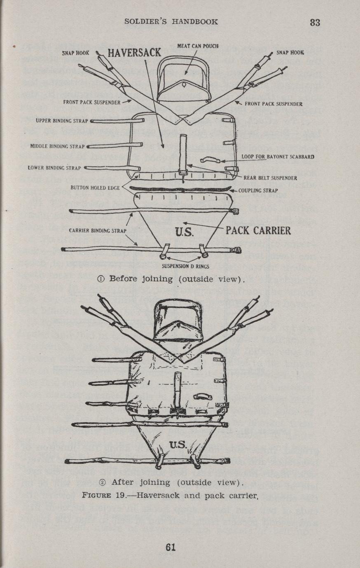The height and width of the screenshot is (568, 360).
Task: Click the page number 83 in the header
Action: tap(315, 23)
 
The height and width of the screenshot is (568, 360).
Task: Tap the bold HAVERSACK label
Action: tap(134, 53)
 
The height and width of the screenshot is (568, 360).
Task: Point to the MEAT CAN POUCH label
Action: tap(198, 46)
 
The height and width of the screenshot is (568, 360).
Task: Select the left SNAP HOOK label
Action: tap(75, 53)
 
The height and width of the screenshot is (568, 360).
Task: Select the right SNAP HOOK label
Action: tap(290, 53)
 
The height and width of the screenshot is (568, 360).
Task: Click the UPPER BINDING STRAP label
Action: tap(62, 121)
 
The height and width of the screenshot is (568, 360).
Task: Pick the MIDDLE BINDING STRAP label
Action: tap(57, 146)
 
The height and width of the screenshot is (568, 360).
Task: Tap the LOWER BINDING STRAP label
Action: tap(54, 168)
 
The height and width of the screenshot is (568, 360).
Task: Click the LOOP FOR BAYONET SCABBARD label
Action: tap(278, 157)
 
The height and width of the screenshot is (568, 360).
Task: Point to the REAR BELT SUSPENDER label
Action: tap(270, 178)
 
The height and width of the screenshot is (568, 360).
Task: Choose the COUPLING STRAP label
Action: tap(258, 191)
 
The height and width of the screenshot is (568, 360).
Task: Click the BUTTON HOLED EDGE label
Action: tap(95, 188)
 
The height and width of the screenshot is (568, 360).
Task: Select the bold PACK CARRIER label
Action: tap(258, 231)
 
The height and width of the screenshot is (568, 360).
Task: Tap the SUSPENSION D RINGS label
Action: tap(186, 266)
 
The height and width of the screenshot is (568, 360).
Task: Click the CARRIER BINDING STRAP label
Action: tap(98, 231)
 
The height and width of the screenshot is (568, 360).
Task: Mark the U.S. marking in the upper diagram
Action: tap(185, 232)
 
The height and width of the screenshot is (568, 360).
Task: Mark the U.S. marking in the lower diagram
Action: tap(178, 444)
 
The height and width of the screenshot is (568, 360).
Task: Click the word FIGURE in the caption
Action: tap(97, 495)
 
